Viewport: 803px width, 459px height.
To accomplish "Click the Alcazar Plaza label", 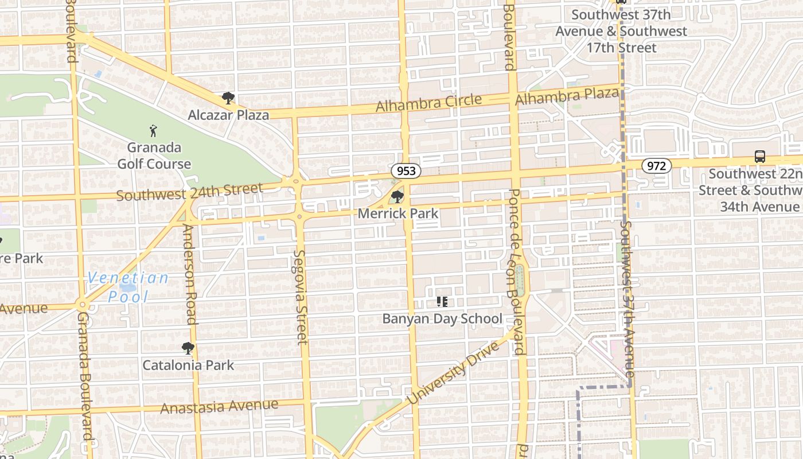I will tap(228, 115).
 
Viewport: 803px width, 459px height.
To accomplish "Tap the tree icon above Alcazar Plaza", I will tap(228, 98).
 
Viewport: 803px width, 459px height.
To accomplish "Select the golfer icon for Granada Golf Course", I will tap(153, 131).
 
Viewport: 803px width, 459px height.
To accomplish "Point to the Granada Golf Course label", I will tap(154, 155).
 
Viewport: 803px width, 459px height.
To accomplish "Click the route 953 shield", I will tap(406, 171).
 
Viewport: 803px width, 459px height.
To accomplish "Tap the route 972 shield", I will tap(656, 166).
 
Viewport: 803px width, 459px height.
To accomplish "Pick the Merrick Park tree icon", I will tap(396, 197).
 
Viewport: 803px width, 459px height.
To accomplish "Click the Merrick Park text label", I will tap(398, 213).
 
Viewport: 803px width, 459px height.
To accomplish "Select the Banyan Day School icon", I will tap(442, 301).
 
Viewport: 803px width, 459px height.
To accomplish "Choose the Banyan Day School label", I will tap(442, 318).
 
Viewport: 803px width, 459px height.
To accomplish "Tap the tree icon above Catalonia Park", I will tap(188, 348).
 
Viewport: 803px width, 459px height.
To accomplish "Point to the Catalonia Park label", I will tap(188, 365).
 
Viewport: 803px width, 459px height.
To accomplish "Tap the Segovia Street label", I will tap(300, 297).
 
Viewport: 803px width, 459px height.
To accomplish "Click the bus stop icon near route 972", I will tap(759, 156).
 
